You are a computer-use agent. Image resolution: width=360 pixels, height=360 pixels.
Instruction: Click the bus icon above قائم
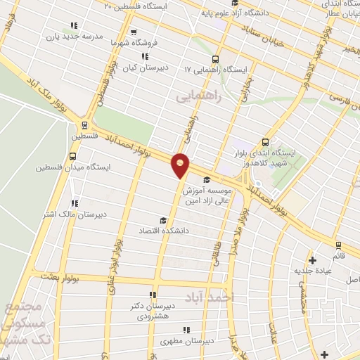(339, 245)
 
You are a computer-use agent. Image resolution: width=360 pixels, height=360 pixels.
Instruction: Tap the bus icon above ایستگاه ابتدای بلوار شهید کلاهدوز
(265, 141)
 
